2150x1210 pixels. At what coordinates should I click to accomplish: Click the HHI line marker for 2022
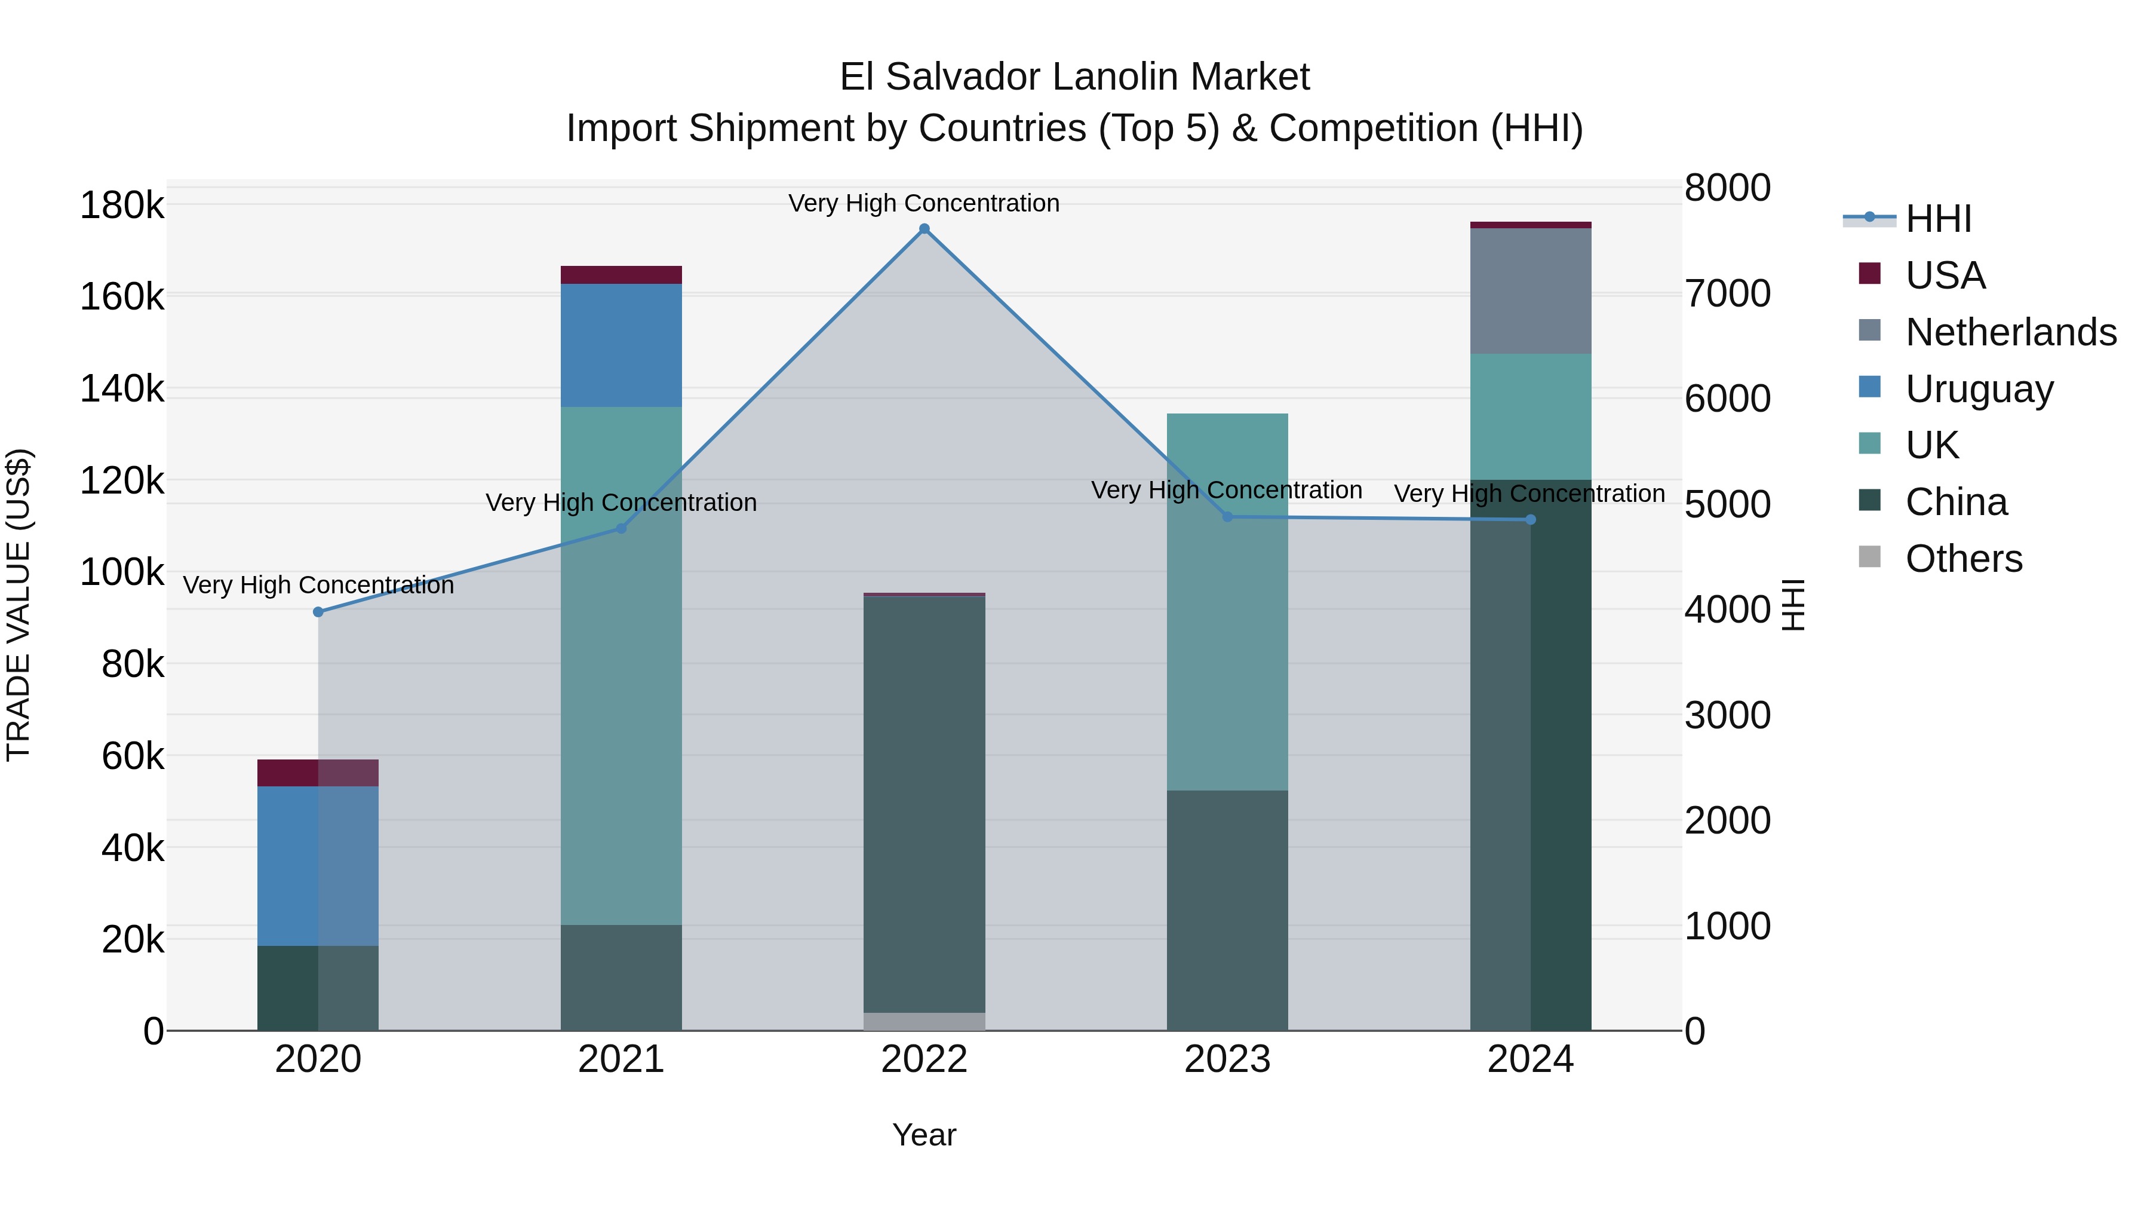924,229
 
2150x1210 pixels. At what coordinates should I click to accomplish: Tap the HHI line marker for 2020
318,612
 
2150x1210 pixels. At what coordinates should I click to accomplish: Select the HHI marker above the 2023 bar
1227,517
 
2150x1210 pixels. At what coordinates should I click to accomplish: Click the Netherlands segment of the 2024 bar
1530,290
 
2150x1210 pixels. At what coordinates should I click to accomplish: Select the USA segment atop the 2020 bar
318,773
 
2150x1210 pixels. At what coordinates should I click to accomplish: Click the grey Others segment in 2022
924,1021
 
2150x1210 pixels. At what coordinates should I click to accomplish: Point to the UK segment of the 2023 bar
1227,601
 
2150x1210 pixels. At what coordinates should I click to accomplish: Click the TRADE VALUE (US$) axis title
19,605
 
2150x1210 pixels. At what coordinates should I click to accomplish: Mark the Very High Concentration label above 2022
924,204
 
